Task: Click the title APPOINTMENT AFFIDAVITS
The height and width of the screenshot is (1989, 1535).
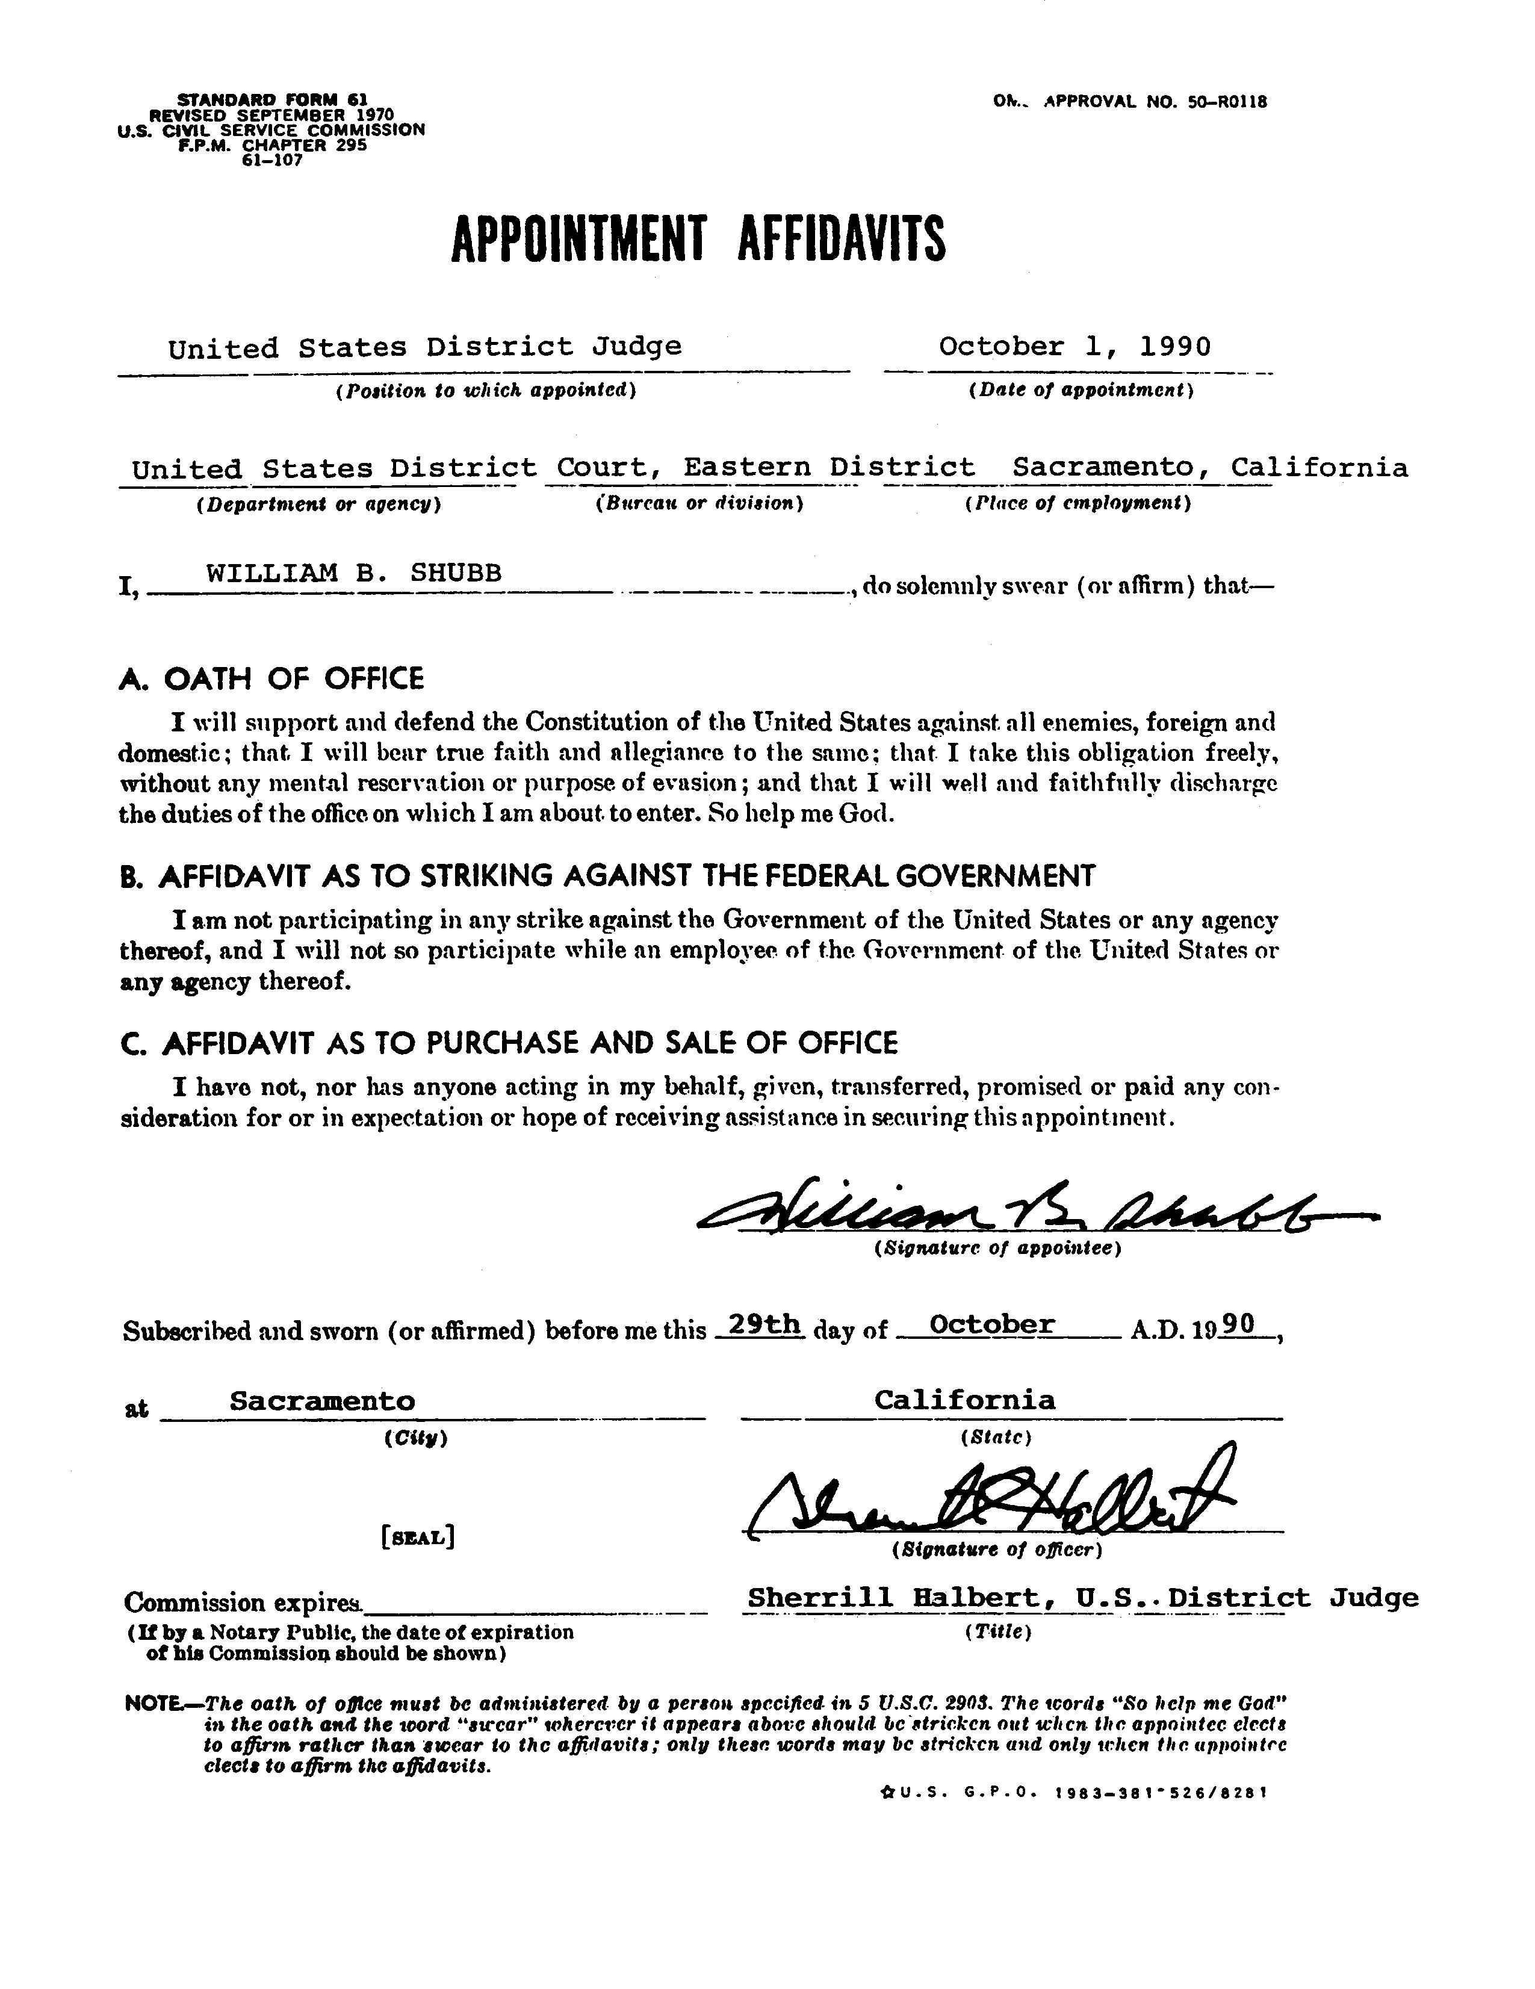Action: pyautogui.click(x=698, y=238)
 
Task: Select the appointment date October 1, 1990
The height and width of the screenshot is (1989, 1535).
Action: pyautogui.click(x=1074, y=347)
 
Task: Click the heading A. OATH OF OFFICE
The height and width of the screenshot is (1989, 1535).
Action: pyautogui.click(x=271, y=678)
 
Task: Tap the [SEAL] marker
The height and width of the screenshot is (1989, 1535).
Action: pyautogui.click(x=418, y=1538)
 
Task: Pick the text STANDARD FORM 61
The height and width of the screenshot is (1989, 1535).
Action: pyautogui.click(x=270, y=98)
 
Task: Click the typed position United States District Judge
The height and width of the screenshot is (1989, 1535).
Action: pyautogui.click(x=424, y=347)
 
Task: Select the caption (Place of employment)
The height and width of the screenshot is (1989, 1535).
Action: pyautogui.click(x=1078, y=503)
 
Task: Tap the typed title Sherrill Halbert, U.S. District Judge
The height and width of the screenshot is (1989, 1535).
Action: pyautogui.click(x=1082, y=1597)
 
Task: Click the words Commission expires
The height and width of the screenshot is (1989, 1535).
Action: pyautogui.click(x=243, y=1602)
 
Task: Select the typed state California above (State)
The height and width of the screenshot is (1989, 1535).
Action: pyautogui.click(x=964, y=1399)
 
